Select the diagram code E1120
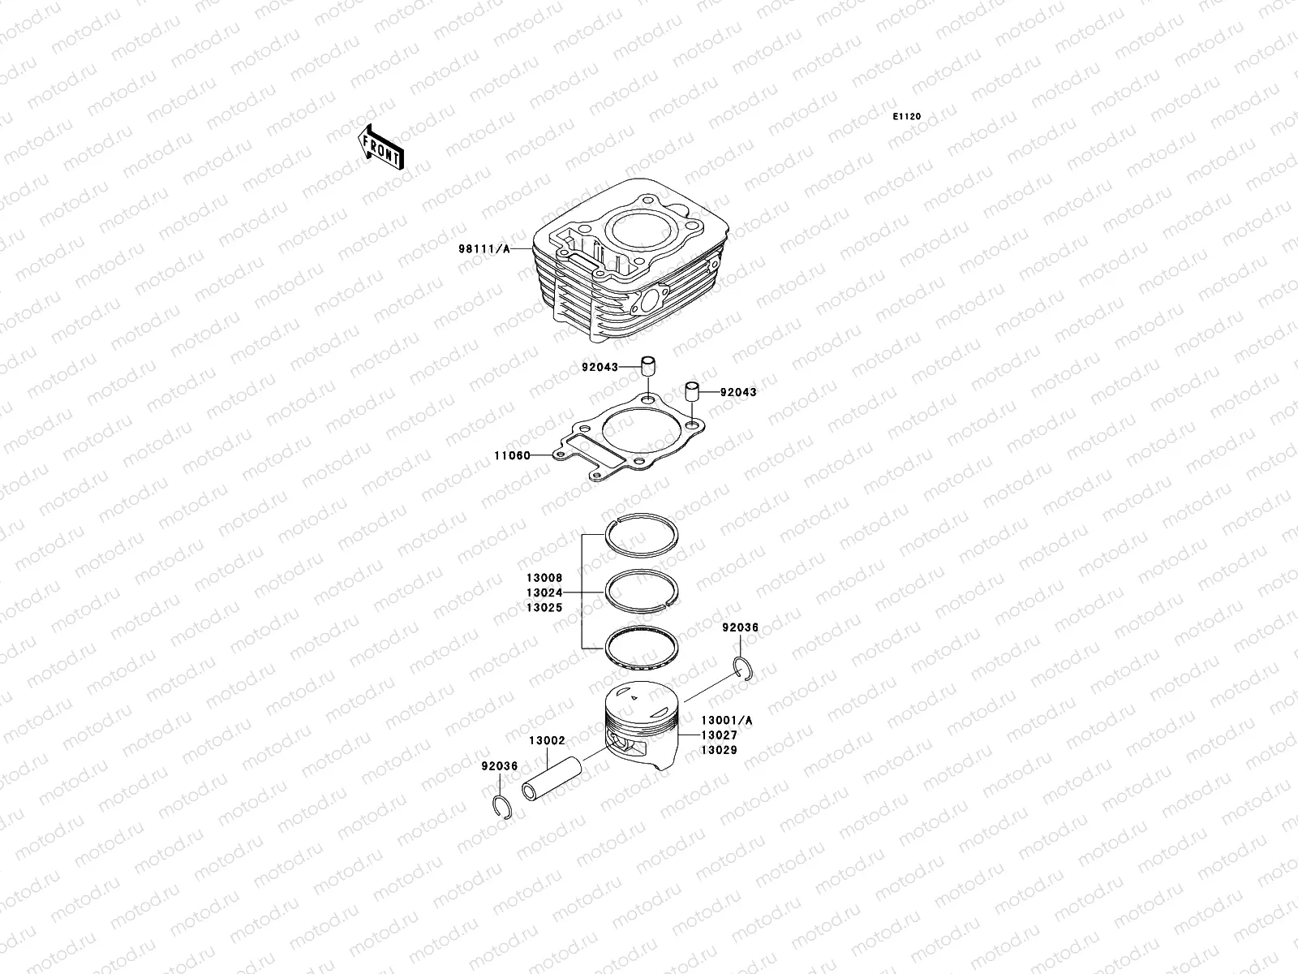(x=907, y=117)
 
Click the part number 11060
(x=511, y=455)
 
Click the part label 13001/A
(x=726, y=720)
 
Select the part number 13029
(x=719, y=750)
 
